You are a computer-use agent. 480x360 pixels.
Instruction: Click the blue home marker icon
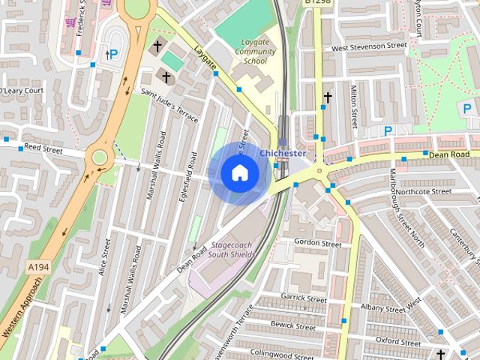tap(239, 173)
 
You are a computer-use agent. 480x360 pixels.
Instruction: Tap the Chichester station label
tap(283, 153)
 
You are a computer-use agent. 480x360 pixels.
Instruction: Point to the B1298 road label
tap(317, 4)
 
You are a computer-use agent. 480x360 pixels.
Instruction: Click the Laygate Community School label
tap(254, 52)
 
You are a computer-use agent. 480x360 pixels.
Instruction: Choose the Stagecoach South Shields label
tap(232, 250)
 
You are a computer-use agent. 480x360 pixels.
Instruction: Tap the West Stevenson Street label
tap(369, 46)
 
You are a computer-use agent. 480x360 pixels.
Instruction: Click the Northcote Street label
tap(423, 191)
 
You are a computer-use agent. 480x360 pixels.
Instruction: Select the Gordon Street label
tap(317, 243)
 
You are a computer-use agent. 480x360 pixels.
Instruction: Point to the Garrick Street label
tap(304, 298)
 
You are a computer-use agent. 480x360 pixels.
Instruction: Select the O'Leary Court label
tap(22, 91)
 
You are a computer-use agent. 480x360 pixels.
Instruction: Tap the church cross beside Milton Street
tap(327, 97)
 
